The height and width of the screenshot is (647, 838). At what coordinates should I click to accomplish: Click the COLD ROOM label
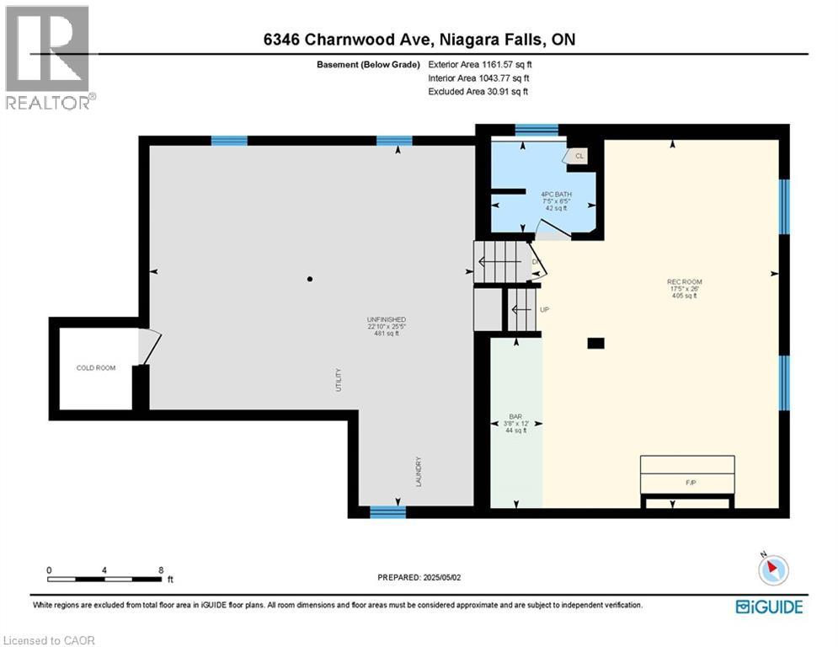(95, 368)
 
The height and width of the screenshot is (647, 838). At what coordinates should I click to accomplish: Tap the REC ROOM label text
(684, 282)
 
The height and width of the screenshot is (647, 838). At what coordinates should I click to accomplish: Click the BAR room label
(514, 416)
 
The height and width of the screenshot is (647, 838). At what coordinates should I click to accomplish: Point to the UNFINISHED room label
(386, 319)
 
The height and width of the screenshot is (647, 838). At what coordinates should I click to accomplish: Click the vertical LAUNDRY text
(417, 472)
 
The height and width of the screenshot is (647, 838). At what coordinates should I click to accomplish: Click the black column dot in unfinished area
(310, 279)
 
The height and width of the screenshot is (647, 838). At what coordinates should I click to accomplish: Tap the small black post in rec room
(596, 343)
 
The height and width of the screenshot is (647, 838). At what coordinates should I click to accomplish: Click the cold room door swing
(150, 346)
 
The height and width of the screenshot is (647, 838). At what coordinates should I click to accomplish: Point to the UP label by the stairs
(544, 310)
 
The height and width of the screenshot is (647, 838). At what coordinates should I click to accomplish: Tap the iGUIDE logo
(768, 607)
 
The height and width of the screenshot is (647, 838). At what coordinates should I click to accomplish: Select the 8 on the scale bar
(160, 569)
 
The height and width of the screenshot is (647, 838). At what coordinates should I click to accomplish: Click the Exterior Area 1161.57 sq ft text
(480, 63)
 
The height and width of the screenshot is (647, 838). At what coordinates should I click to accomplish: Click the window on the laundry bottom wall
(387, 511)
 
